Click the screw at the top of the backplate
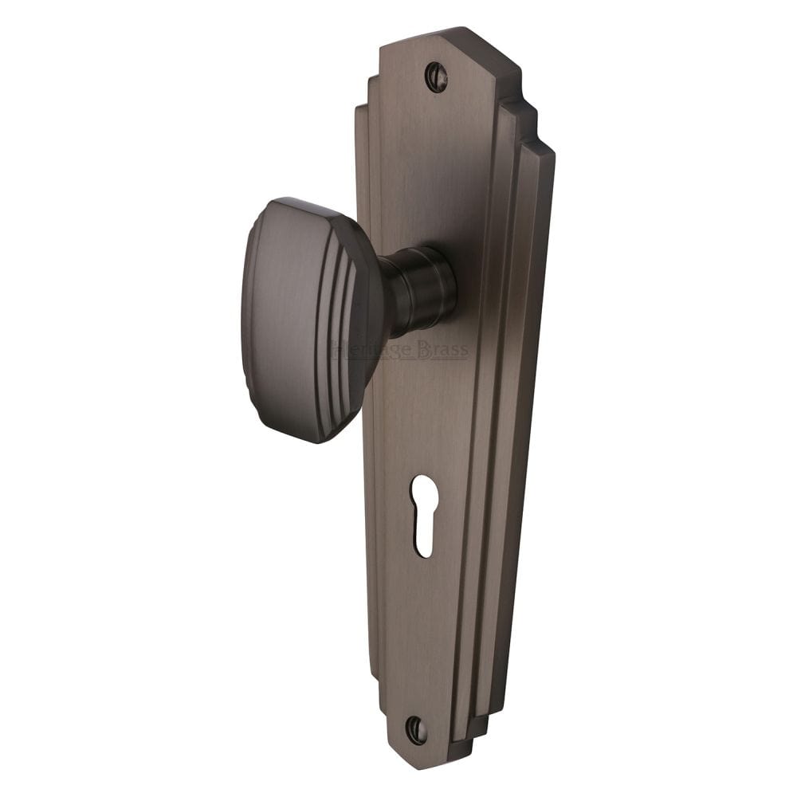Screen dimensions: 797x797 tap(436, 77)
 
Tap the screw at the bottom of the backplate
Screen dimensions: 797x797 tap(416, 729)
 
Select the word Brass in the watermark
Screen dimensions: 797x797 tap(442, 351)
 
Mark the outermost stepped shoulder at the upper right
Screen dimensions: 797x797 tap(545, 151)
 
